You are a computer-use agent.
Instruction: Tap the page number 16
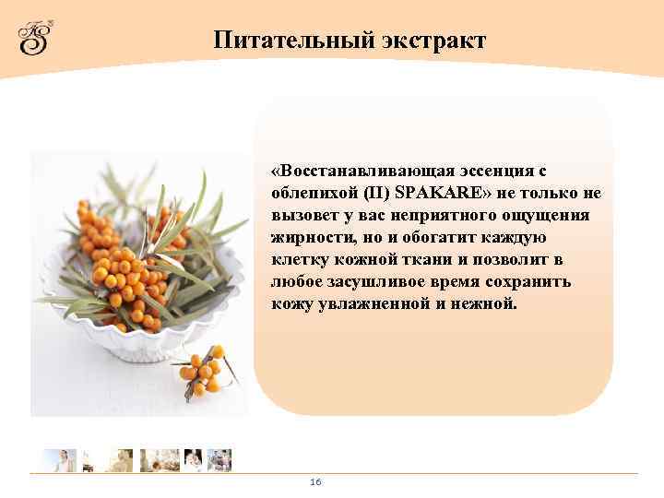315,482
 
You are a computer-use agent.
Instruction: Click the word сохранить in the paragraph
507,281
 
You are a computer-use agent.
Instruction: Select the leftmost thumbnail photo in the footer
59,460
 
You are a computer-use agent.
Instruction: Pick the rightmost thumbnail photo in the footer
219,460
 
